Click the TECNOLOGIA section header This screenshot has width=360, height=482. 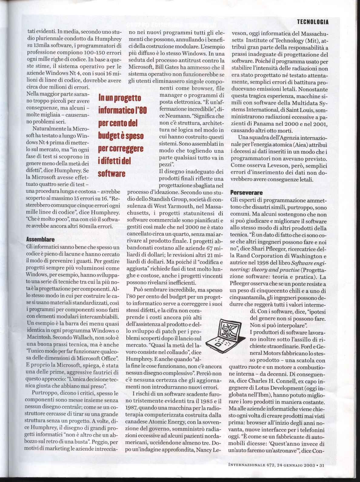pyautogui.click(x=313, y=22)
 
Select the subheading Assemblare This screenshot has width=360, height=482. pyautogui.click(x=40, y=239)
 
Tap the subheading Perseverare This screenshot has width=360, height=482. pyautogui.click(x=247, y=192)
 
